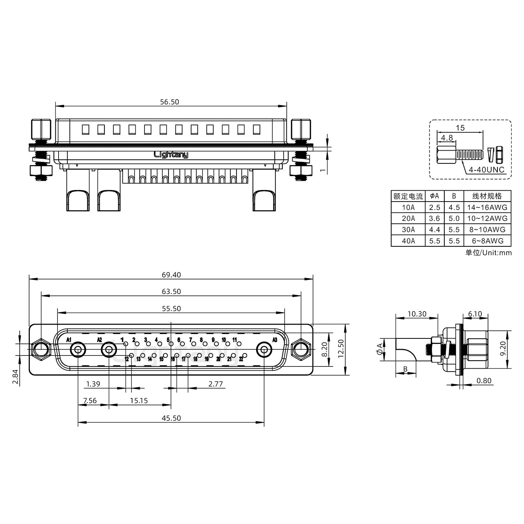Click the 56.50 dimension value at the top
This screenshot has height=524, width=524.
[x=170, y=102]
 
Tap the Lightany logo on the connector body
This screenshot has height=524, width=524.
[x=171, y=155]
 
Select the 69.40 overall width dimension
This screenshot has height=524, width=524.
[x=171, y=275]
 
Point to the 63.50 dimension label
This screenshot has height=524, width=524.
[x=171, y=291]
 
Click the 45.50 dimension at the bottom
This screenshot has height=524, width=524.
[x=171, y=418]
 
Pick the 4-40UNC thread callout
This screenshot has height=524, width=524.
[x=486, y=170]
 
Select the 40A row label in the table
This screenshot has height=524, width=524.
[x=408, y=241]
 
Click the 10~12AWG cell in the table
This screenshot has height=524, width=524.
[x=487, y=219]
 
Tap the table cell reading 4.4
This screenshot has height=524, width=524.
[x=434, y=230]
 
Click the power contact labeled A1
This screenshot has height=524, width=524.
[x=78, y=350]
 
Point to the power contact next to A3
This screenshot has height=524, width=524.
[x=264, y=350]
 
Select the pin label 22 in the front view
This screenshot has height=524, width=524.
[x=241, y=359]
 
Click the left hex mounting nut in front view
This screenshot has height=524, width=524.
[x=41, y=350]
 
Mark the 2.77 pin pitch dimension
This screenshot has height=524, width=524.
[x=215, y=384]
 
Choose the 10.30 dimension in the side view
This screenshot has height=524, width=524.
[x=417, y=314]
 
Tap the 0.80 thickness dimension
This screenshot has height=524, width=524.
[x=484, y=381]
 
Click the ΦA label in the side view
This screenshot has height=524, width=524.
[x=380, y=349]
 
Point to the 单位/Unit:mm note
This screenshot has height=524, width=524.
[x=488, y=253]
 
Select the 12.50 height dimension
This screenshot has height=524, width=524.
[x=341, y=349]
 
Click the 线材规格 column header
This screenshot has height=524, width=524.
[x=487, y=196]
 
